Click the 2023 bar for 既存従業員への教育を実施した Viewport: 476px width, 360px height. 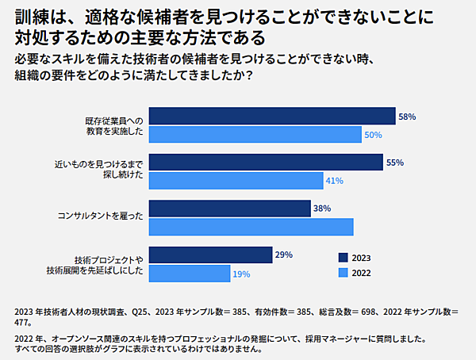(x=272, y=117)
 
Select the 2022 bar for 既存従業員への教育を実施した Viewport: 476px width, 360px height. (x=255, y=135)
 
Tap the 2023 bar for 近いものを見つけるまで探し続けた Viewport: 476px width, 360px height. (x=266, y=163)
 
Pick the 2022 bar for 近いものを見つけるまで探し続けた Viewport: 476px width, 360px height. (x=235, y=181)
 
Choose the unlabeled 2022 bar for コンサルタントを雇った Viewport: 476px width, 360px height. (x=251, y=227)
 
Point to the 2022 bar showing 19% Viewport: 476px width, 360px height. (x=189, y=274)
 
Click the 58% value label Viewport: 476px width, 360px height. (x=407, y=117)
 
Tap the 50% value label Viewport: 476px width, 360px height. (x=374, y=136)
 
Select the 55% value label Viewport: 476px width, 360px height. (x=394, y=163)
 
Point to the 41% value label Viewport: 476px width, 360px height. (x=333, y=182)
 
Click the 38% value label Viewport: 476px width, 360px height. (x=321, y=209)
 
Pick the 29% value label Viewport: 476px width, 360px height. (x=284, y=255)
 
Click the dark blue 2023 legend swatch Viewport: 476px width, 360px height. (x=343, y=258)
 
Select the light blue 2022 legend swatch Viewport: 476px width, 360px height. (x=343, y=273)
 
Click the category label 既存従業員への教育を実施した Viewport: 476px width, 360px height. (x=114, y=125)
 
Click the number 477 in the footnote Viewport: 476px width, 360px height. (x=24, y=322)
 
